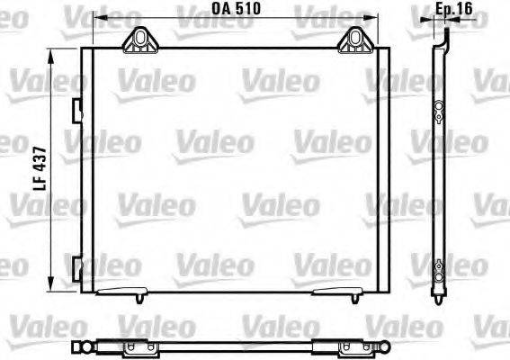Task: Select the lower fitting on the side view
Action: tap(438, 267)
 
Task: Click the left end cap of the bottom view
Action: tap(76, 346)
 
